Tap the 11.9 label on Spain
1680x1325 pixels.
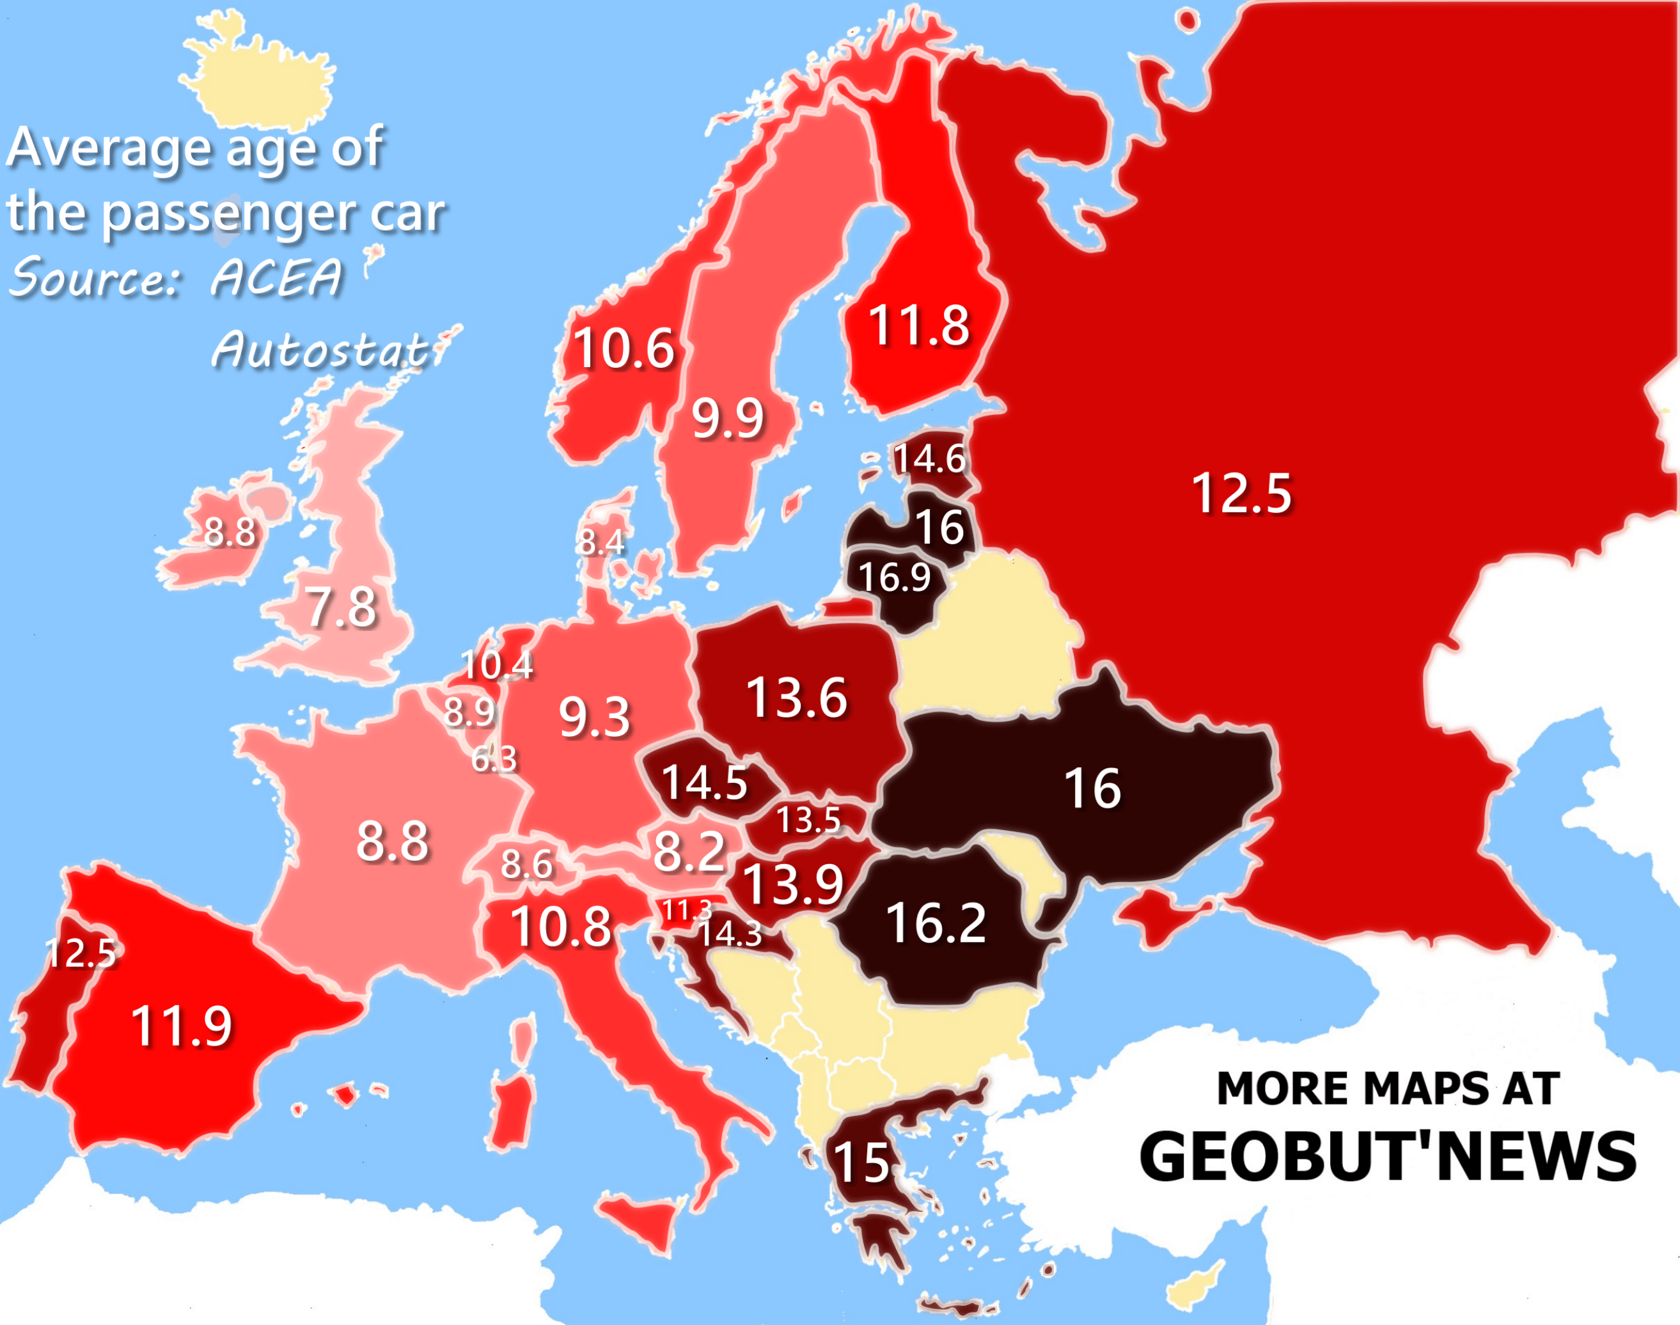182,1026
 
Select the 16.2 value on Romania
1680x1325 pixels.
936,924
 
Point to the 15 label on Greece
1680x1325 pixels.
860,1163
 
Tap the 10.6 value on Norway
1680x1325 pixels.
624,349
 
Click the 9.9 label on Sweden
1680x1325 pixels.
728,419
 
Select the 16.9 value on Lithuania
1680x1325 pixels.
893,577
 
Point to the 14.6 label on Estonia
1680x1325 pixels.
929,459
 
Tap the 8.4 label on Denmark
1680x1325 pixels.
601,542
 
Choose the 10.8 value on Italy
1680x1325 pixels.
561,927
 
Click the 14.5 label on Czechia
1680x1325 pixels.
703,782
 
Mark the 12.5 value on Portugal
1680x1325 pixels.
80,953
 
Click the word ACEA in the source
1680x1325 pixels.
276,277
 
